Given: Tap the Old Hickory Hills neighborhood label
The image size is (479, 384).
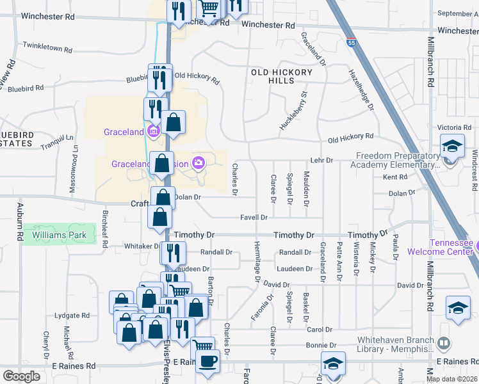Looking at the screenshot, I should point(282,77).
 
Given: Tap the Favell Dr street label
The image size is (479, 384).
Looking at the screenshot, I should point(254,218).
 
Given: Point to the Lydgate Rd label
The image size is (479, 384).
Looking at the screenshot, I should point(72,316).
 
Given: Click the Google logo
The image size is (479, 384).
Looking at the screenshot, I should point(21,376).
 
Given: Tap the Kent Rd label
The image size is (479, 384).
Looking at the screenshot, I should point(394,177).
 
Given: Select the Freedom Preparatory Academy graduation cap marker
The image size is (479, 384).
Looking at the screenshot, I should point(451,147).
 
